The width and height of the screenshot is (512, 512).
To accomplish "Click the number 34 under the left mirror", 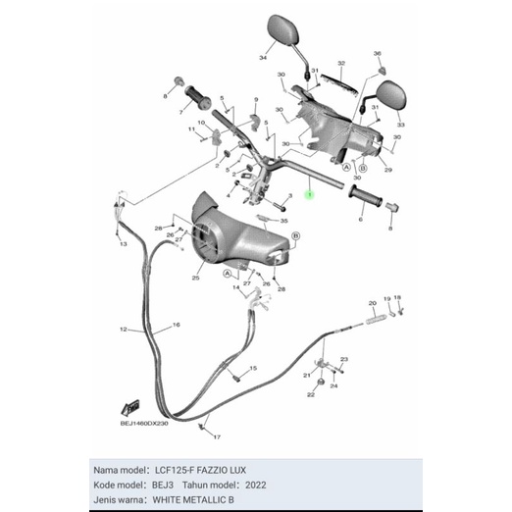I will pos(262,59).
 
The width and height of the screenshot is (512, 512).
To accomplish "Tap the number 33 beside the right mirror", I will pos(399,126).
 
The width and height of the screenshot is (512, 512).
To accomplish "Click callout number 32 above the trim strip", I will pos(340,63).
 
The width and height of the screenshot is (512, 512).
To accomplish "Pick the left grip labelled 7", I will pos(194,100).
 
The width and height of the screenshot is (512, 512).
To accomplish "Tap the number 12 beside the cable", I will pos(124,330).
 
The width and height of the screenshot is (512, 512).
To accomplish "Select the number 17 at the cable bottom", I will pos(216,436).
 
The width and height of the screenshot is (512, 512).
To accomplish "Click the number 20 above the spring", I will pos(372,303).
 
